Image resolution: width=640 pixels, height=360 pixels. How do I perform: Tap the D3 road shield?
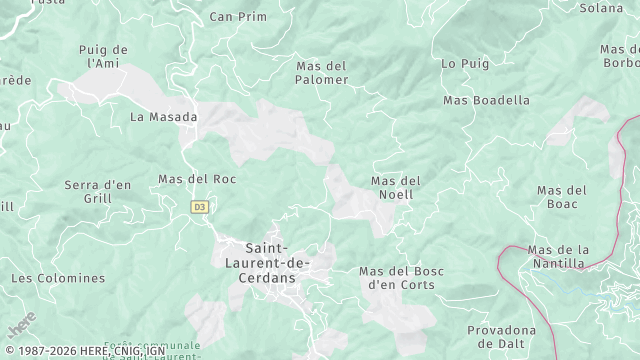[x=200, y=207]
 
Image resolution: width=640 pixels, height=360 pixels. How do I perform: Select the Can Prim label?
[x=238, y=16]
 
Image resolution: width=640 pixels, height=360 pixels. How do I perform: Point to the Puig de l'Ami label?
[x=104, y=56]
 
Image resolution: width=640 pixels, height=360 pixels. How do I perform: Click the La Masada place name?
[x=164, y=116]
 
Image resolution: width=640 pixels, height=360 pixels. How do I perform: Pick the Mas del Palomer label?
[x=322, y=73]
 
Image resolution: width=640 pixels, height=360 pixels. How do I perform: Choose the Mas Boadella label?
[x=487, y=100]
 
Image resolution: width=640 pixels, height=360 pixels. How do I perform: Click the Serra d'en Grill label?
[x=98, y=191]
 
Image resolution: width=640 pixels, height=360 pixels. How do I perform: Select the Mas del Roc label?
[x=197, y=179]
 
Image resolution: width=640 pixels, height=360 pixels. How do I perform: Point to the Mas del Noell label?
[x=396, y=187]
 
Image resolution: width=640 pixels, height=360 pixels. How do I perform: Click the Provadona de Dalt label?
[x=501, y=337]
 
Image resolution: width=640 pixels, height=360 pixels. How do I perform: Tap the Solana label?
[x=601, y=8]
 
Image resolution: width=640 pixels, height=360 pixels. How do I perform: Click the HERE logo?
[x=21, y=326]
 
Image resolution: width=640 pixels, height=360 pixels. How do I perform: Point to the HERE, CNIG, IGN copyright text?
[x=84, y=351]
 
